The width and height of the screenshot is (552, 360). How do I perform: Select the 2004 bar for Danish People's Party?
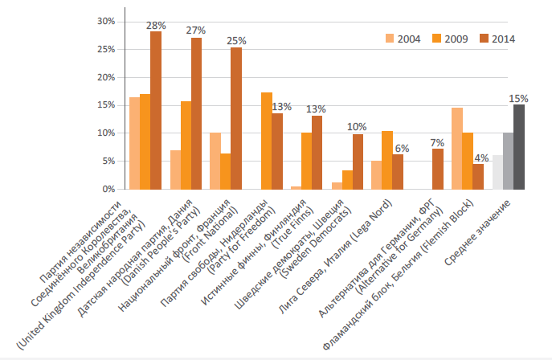[175, 170]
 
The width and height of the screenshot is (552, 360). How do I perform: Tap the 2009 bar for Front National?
[225, 171]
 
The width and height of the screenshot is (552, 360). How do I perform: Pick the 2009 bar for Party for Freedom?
[267, 141]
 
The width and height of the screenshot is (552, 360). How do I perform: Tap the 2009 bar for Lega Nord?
[387, 160]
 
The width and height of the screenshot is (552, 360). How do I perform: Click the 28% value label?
[155, 26]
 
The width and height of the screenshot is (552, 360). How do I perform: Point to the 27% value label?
[196, 31]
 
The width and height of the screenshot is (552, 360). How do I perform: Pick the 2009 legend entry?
[452, 38]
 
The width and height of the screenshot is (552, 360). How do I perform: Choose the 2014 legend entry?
[498, 38]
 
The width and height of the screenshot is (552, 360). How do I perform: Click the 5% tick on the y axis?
[108, 161]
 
